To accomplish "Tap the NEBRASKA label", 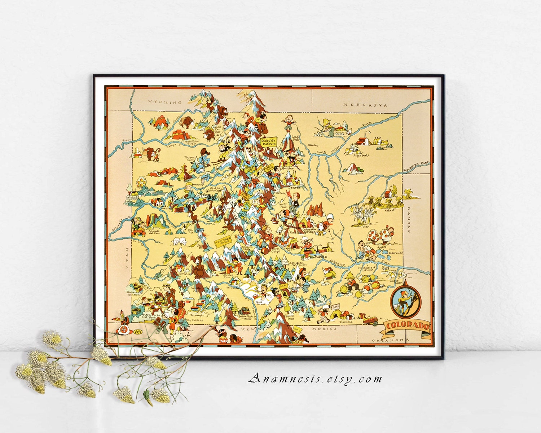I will pos(365,105).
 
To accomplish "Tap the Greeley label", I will pos(313,145).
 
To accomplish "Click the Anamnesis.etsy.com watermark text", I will pos(315,379).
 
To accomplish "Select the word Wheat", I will pos(390,210).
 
